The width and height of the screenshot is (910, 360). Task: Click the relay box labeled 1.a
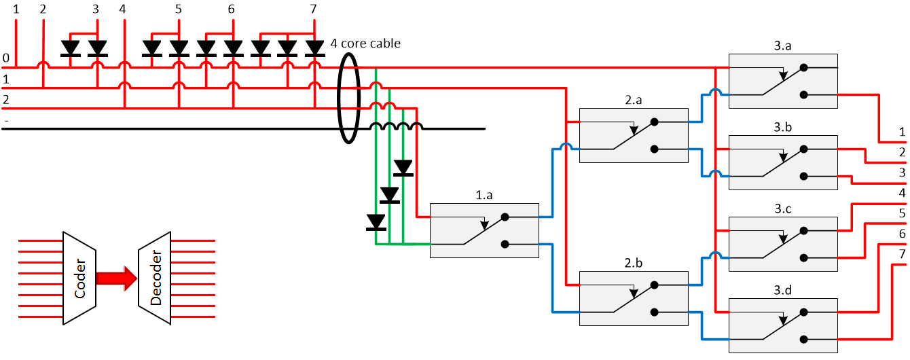pos(484,230)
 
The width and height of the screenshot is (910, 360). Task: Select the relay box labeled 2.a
pos(633,135)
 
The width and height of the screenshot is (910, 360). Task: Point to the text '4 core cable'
pos(365,43)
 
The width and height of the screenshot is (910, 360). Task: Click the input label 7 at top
pos(313,9)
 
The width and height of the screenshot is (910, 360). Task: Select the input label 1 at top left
pos(16,9)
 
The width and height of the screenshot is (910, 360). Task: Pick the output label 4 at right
pos(902,194)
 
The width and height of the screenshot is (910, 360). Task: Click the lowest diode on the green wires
pos(376,222)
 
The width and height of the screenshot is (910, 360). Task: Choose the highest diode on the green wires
pos(403,168)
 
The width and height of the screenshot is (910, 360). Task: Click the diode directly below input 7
pos(314,48)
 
